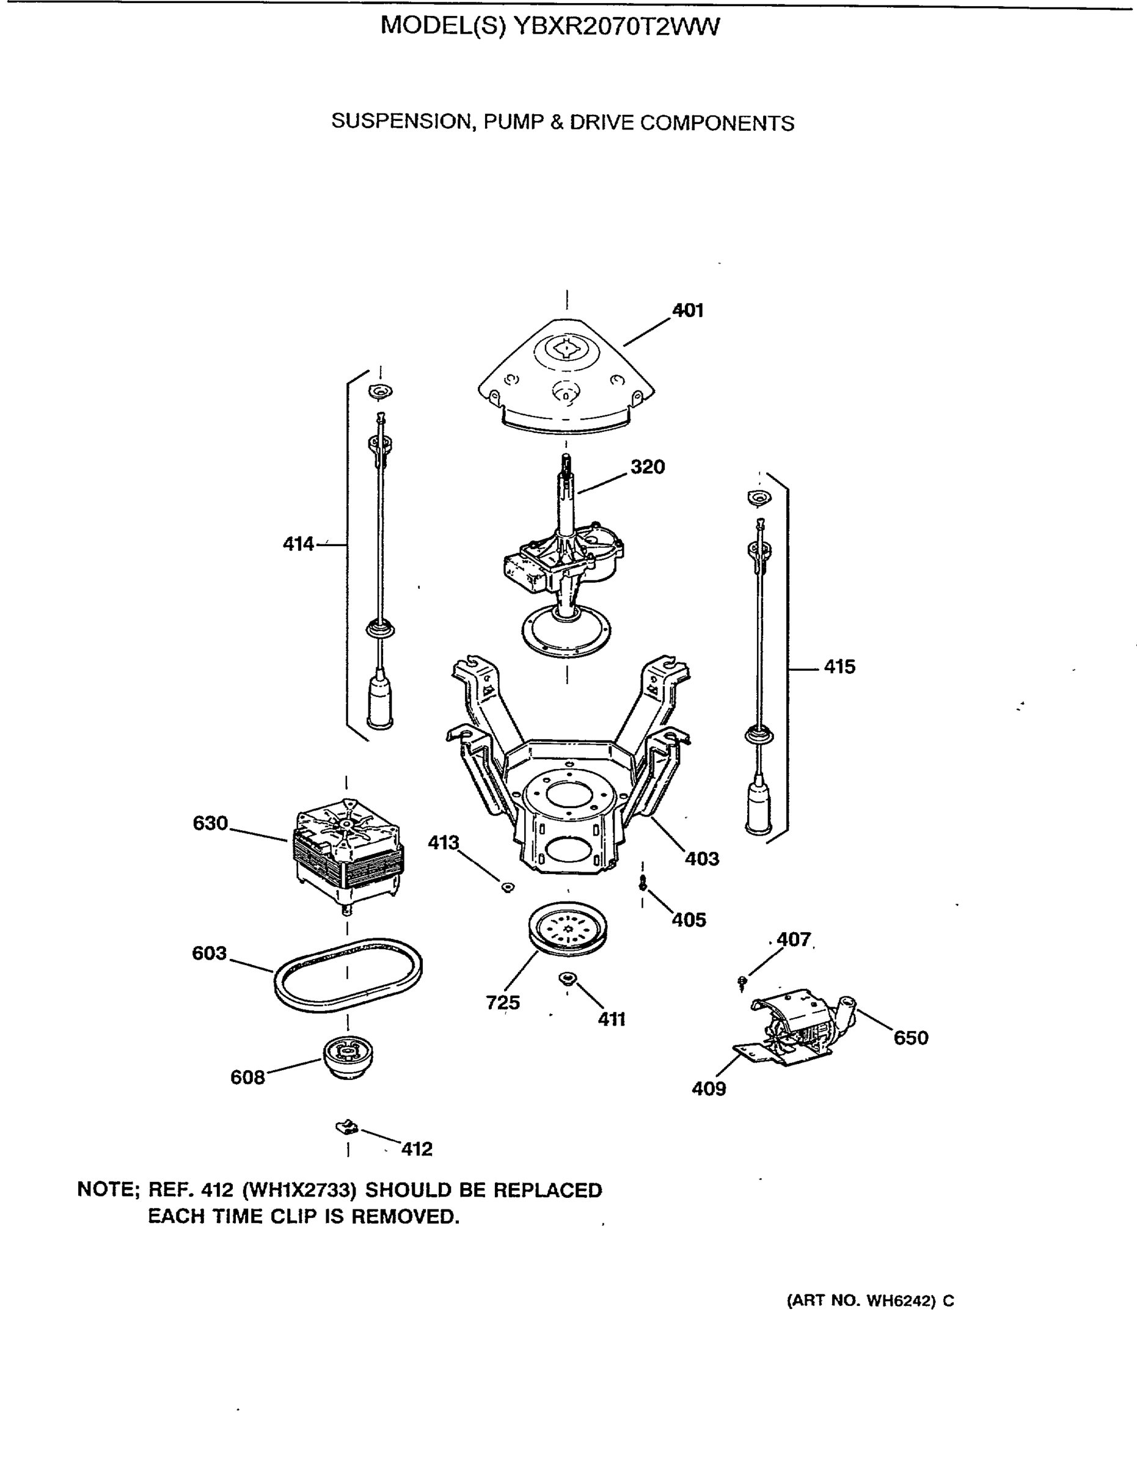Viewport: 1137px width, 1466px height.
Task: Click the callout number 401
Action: (687, 310)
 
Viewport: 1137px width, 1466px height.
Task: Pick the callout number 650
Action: (911, 1038)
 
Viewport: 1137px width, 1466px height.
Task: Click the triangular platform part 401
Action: (566, 376)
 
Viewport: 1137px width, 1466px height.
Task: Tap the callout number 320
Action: (647, 467)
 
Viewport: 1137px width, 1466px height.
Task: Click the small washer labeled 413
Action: (508, 888)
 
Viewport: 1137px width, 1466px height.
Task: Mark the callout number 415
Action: (839, 666)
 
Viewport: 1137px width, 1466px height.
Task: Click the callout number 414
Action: (298, 544)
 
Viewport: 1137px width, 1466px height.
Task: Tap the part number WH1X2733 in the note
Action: (299, 1190)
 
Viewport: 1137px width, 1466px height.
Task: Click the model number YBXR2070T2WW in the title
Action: (616, 26)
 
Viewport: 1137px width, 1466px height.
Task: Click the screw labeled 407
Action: (742, 983)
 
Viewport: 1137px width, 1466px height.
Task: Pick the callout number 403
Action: (701, 858)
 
